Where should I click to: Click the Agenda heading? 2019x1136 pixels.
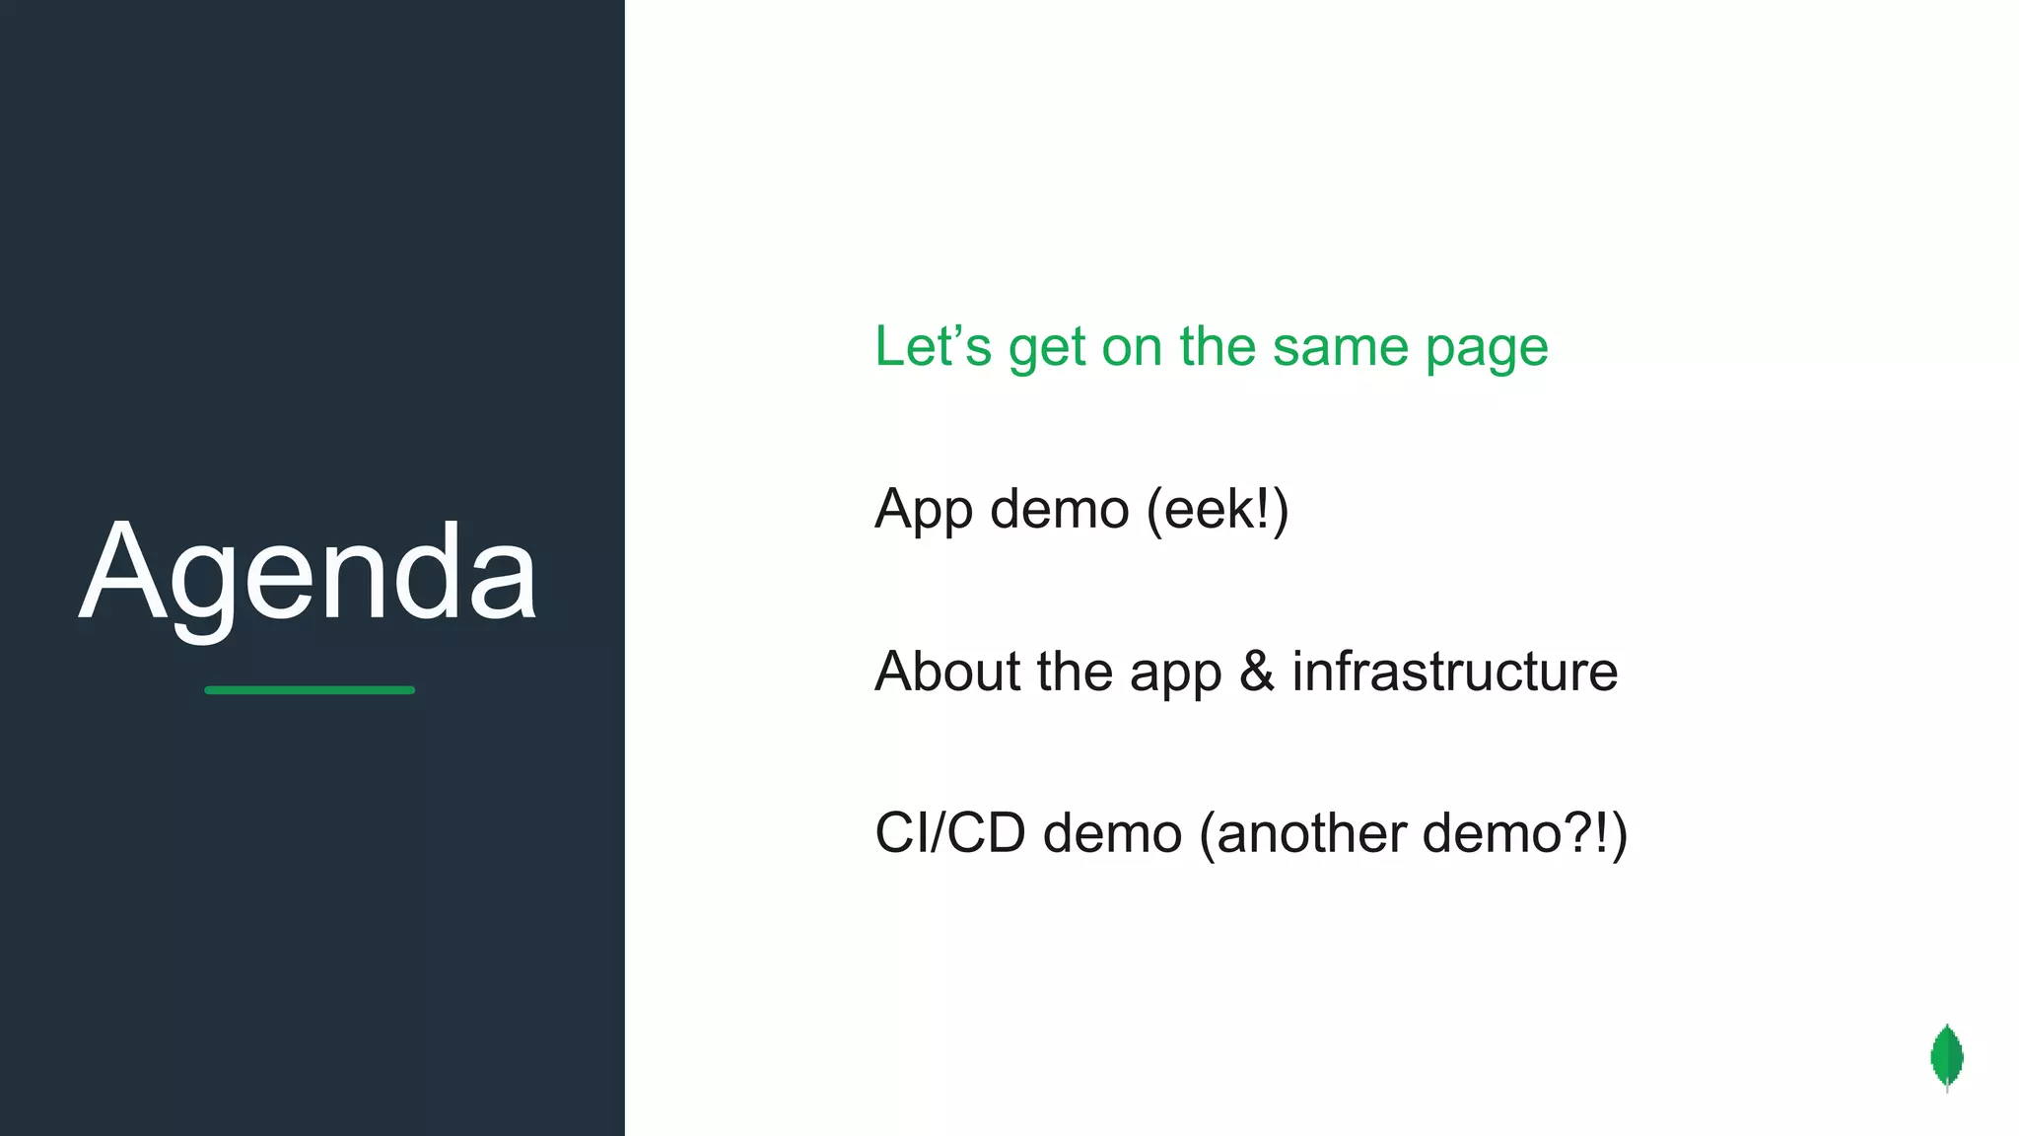click(308, 574)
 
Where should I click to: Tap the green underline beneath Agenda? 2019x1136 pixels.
click(310, 690)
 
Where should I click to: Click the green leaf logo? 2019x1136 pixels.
click(1946, 1057)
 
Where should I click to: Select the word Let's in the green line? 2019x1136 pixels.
click(933, 347)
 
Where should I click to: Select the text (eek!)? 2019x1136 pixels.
click(1218, 510)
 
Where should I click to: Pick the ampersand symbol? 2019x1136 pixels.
click(1257, 672)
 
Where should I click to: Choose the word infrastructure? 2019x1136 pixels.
click(1454, 672)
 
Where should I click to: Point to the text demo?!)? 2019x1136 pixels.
click(1524, 833)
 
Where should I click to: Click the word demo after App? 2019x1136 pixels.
click(1059, 510)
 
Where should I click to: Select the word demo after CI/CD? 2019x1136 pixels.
click(1112, 833)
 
